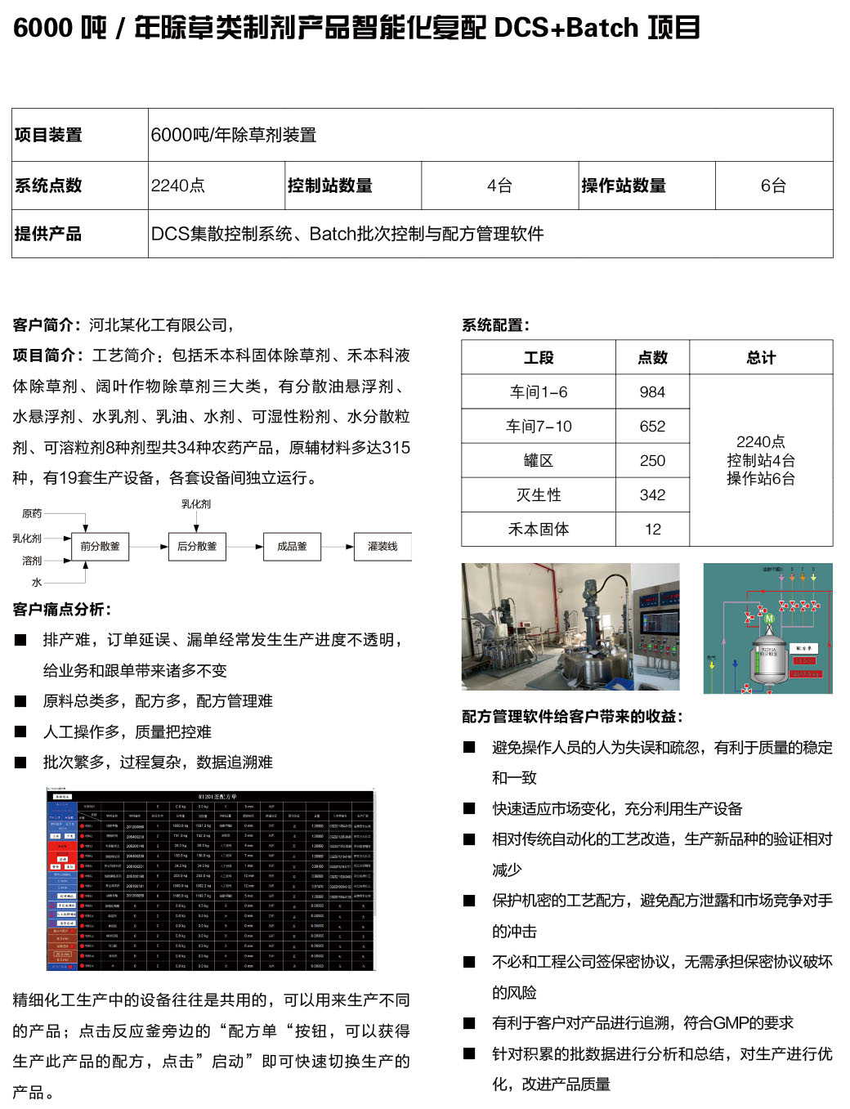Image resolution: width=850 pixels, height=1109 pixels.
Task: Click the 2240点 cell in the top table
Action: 178,186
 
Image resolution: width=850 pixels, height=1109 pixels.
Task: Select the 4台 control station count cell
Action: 499,186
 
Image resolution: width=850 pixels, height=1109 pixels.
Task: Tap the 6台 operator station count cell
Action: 773,186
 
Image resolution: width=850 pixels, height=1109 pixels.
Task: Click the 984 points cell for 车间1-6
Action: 652,392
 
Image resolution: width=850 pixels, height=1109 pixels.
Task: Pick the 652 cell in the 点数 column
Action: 652,427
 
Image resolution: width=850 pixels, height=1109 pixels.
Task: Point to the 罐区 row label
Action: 539,461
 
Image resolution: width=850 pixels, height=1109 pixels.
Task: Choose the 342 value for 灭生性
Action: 652,495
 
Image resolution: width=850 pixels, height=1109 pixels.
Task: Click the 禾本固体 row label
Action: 539,530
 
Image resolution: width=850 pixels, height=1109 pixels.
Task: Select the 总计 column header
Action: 761,358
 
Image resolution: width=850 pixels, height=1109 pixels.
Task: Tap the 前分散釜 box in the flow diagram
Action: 100,547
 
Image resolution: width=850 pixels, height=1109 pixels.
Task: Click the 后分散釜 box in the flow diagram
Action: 197,547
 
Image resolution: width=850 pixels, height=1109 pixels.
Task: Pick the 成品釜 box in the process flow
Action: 292,547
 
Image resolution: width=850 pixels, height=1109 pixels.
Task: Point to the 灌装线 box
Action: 382,547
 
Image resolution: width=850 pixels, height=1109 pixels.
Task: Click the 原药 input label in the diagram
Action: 32,514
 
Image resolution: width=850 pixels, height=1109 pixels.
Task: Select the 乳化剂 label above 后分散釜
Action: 196,504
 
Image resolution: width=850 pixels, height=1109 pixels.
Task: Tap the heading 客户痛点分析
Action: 62,610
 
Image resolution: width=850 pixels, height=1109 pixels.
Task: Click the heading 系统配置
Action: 495,325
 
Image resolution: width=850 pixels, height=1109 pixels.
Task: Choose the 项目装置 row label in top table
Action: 49,135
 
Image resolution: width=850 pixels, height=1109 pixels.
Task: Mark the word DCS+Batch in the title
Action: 566,28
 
